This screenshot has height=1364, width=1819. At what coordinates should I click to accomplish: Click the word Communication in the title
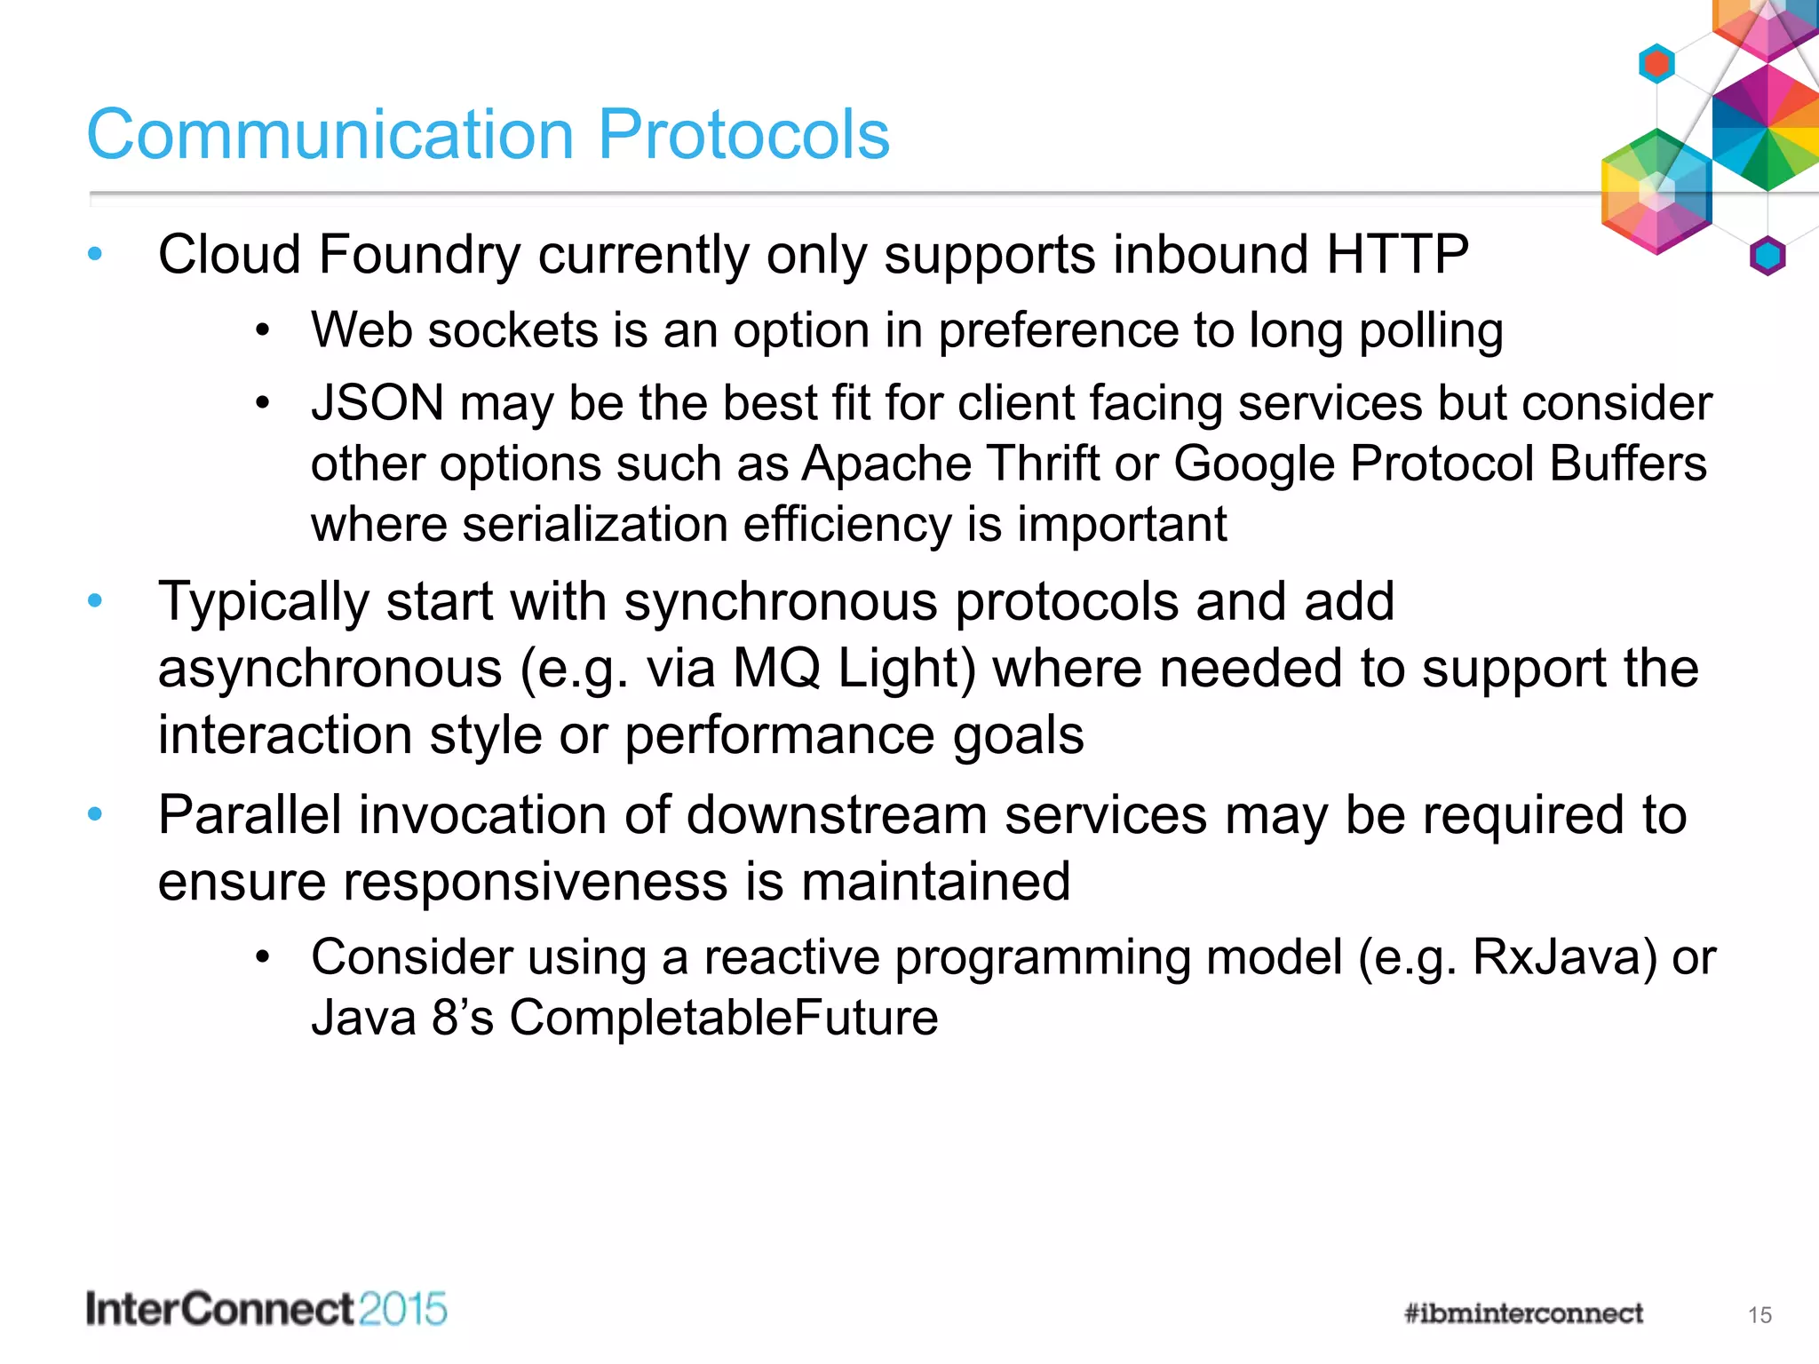click(330, 135)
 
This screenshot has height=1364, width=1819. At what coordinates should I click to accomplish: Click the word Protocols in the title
click(743, 135)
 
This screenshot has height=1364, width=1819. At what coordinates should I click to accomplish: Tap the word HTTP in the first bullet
click(1397, 255)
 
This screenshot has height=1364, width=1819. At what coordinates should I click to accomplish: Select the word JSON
click(377, 403)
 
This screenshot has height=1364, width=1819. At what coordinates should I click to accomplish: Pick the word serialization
click(594, 524)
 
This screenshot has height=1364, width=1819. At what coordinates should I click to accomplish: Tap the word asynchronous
click(330, 669)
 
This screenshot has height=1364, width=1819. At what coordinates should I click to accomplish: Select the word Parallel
click(250, 815)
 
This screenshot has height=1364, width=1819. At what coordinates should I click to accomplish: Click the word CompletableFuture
click(723, 1018)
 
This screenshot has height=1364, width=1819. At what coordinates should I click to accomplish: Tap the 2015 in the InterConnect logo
click(403, 1310)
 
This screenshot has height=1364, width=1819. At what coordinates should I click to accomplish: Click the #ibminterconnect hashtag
click(1523, 1313)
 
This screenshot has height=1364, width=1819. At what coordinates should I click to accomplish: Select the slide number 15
click(1759, 1315)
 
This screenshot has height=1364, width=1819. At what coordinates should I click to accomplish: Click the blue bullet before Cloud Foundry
click(96, 255)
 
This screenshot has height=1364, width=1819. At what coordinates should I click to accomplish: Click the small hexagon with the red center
click(1656, 64)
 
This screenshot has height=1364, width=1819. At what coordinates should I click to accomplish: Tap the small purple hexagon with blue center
click(1767, 257)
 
